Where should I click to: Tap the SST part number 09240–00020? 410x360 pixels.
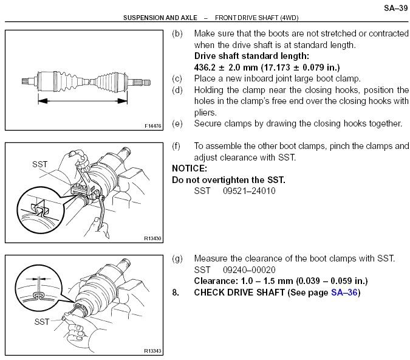[242, 269]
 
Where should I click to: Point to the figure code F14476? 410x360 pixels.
[153, 126]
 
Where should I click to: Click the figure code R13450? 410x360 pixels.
[153, 239]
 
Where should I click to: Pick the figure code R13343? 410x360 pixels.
[153, 351]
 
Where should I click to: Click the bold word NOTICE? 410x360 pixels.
[190, 168]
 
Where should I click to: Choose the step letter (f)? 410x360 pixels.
[177, 146]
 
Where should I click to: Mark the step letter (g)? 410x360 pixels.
[177, 258]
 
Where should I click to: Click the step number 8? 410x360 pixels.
[176, 292]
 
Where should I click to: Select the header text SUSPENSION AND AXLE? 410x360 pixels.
[160, 19]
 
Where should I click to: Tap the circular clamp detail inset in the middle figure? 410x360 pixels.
[38, 210]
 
